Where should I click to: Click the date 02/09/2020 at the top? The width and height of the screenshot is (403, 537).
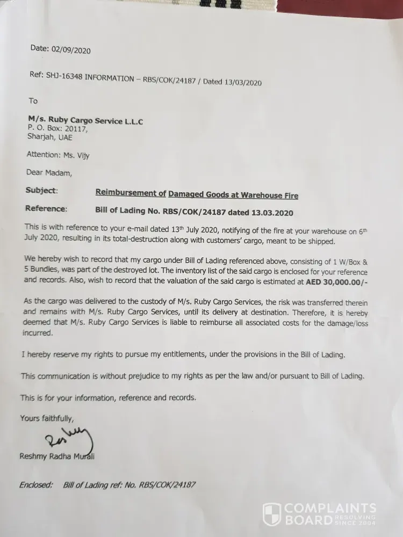pos(71,50)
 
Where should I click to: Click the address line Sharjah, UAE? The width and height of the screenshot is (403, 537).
pos(49,137)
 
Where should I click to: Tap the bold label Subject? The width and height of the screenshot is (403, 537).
pos(41,191)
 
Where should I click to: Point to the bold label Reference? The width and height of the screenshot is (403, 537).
pos(46,208)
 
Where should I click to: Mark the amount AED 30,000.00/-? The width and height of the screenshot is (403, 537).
pos(337,282)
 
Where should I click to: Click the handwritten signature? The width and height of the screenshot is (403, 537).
pos(68,438)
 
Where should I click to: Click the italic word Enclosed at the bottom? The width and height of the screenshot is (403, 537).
pos(36,484)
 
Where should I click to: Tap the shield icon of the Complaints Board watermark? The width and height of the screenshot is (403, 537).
pos(271,513)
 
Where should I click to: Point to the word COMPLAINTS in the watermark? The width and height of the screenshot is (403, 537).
pos(329,507)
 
